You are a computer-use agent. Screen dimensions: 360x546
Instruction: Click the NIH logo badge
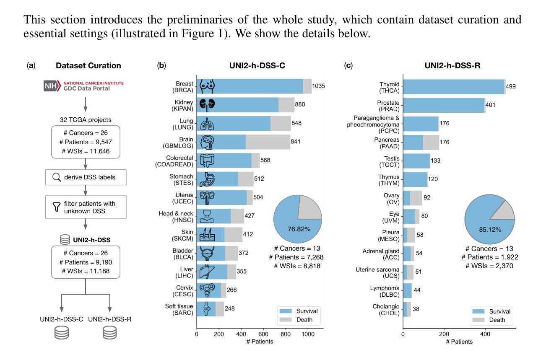tap(52, 86)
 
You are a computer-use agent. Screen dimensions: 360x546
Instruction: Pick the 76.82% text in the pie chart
tap(298, 229)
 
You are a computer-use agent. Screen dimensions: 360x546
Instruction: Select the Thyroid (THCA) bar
tap(454, 87)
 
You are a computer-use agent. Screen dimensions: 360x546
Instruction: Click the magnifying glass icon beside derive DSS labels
tap(56, 178)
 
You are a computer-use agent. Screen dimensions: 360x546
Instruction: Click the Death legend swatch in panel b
tap(285, 320)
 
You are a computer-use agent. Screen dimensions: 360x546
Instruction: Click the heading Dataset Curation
tap(89, 66)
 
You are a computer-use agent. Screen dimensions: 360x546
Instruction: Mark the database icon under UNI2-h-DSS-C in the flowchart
tap(61, 333)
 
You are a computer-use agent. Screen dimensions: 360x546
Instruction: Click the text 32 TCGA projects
tap(85, 120)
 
